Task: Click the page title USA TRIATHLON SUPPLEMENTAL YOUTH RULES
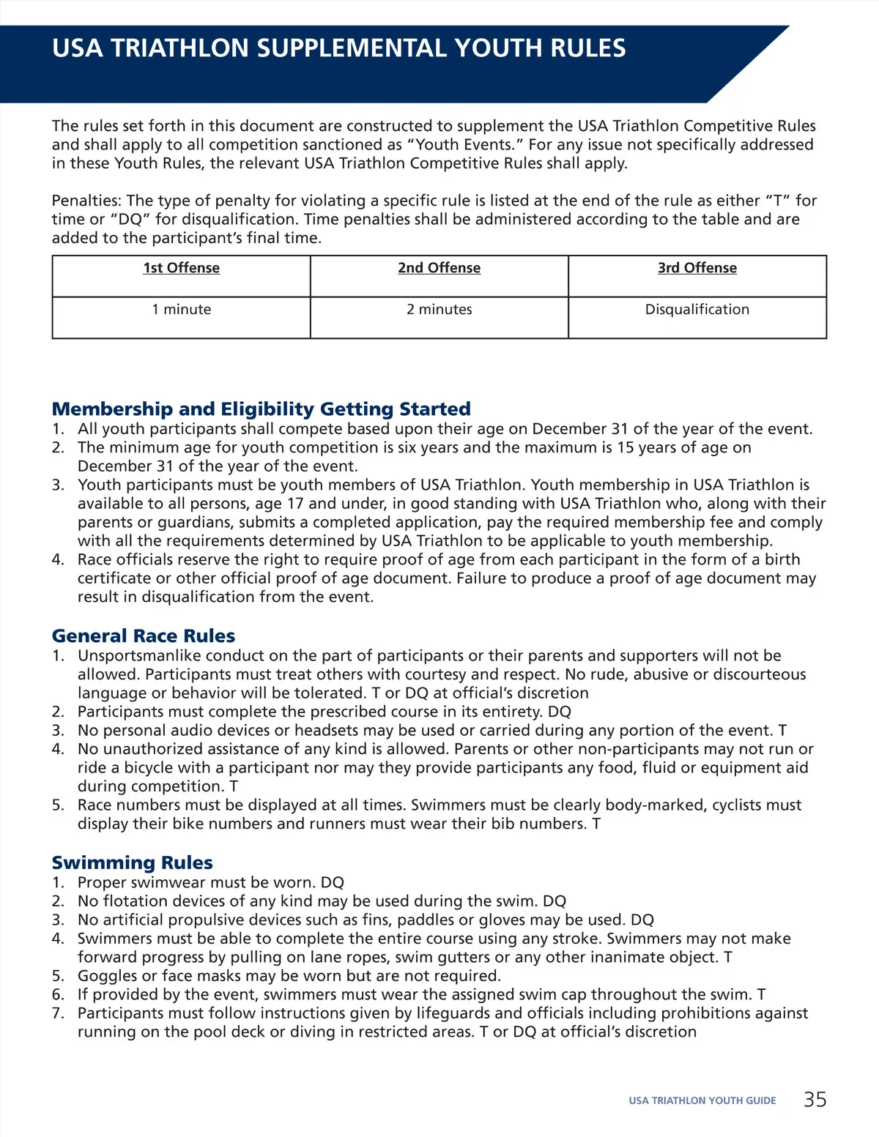pyautogui.click(x=338, y=48)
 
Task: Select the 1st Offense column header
pyautogui.click(x=181, y=268)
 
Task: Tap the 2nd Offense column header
pyautogui.click(x=439, y=268)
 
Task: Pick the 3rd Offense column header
pyautogui.click(x=697, y=268)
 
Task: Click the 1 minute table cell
pyautogui.click(x=181, y=310)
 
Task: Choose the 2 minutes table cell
pyautogui.click(x=439, y=310)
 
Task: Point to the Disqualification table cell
pyautogui.click(x=697, y=310)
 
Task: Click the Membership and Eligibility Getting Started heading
pyautogui.click(x=261, y=409)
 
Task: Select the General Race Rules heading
pyautogui.click(x=144, y=635)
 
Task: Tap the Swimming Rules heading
pyautogui.click(x=132, y=862)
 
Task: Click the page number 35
pyautogui.click(x=815, y=1100)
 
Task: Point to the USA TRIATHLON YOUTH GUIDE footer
pyautogui.click(x=702, y=1100)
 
